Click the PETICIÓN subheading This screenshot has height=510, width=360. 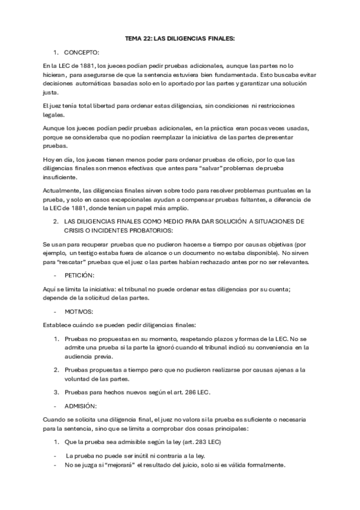point(79,274)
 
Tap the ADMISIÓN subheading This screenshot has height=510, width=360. point(79,405)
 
